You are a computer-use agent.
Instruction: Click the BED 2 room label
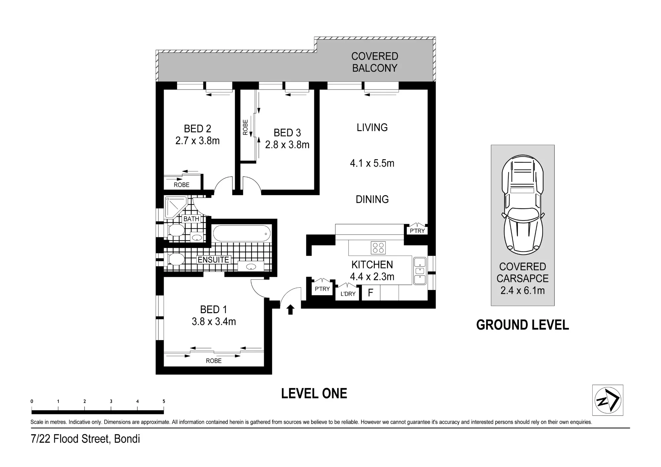197,128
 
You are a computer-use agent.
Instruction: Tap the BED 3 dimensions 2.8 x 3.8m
287,145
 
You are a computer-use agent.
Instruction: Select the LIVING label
372,127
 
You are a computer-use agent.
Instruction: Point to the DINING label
372,199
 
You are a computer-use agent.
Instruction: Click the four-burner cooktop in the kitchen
378,248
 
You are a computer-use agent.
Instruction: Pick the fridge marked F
371,293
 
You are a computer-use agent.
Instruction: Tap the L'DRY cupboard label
348,294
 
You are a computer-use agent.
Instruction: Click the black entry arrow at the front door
290,310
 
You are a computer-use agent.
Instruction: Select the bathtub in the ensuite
242,234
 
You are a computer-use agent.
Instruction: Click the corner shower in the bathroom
175,207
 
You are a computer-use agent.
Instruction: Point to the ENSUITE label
213,260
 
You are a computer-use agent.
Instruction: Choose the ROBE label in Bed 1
214,361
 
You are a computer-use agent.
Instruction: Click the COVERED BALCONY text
375,62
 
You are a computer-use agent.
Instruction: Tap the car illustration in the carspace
523,205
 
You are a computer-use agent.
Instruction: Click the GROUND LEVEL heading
523,325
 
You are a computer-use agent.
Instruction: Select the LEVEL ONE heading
314,393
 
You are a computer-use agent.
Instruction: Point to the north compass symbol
607,400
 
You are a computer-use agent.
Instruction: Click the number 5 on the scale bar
164,402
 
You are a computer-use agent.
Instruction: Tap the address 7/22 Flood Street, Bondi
85,439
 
